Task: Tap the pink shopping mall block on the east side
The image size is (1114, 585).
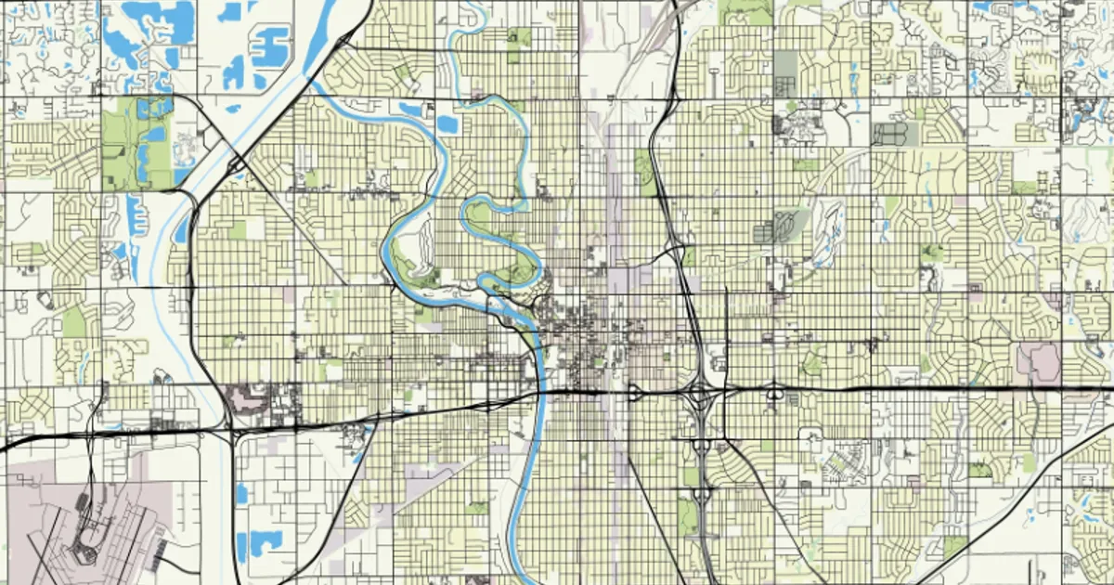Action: [x=1038, y=361]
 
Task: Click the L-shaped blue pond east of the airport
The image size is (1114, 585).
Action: [x=259, y=543]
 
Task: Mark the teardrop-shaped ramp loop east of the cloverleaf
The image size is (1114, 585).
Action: [x=774, y=394]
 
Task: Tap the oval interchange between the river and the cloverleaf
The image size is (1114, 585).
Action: [x=634, y=393]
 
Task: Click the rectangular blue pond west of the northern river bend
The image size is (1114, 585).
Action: [x=447, y=123]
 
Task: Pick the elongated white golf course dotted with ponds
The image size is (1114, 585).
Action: [x=826, y=227]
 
